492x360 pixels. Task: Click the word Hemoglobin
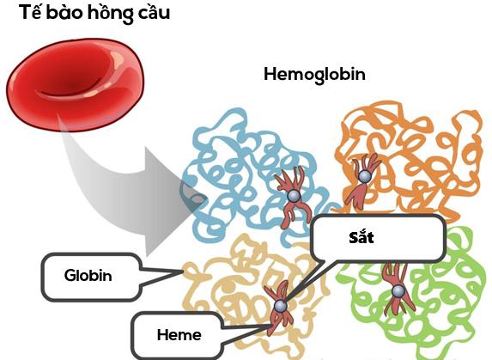[x=314, y=74]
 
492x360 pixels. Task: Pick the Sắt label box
[x=377, y=238]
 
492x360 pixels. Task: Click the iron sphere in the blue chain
[x=293, y=197]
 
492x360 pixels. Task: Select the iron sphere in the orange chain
[x=364, y=176]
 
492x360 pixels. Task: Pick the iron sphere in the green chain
[x=398, y=290]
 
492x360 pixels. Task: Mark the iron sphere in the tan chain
[x=280, y=306]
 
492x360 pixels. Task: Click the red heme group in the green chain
[x=398, y=279]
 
